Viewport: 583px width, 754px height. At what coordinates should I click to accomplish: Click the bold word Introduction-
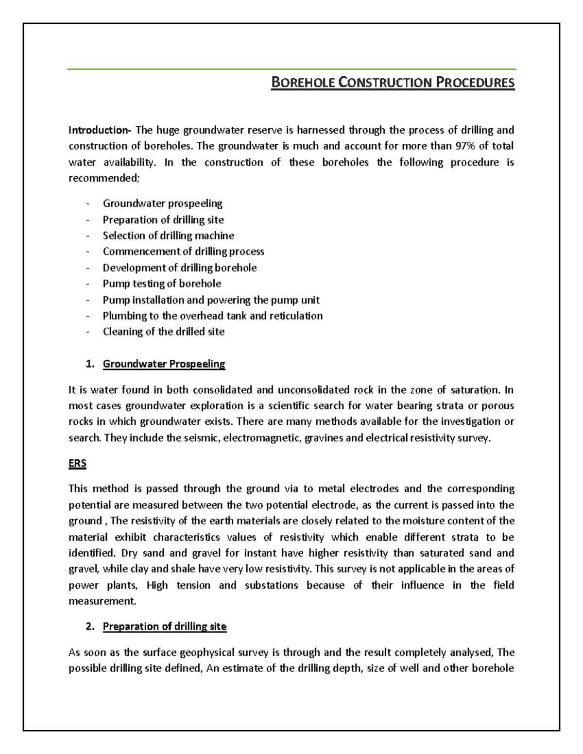100,130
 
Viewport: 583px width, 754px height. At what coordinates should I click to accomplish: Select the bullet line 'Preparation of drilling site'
163,220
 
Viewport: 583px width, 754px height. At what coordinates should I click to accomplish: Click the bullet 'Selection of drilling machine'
168,236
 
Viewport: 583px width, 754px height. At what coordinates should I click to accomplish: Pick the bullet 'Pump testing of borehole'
162,284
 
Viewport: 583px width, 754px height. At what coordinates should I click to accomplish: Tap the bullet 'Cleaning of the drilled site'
163,332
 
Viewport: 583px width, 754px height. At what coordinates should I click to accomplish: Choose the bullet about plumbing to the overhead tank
212,316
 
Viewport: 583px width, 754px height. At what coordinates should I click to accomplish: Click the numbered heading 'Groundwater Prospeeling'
164,364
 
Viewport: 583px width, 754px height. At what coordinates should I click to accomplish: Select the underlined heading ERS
77,463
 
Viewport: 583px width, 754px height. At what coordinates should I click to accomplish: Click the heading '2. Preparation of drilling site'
164,627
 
